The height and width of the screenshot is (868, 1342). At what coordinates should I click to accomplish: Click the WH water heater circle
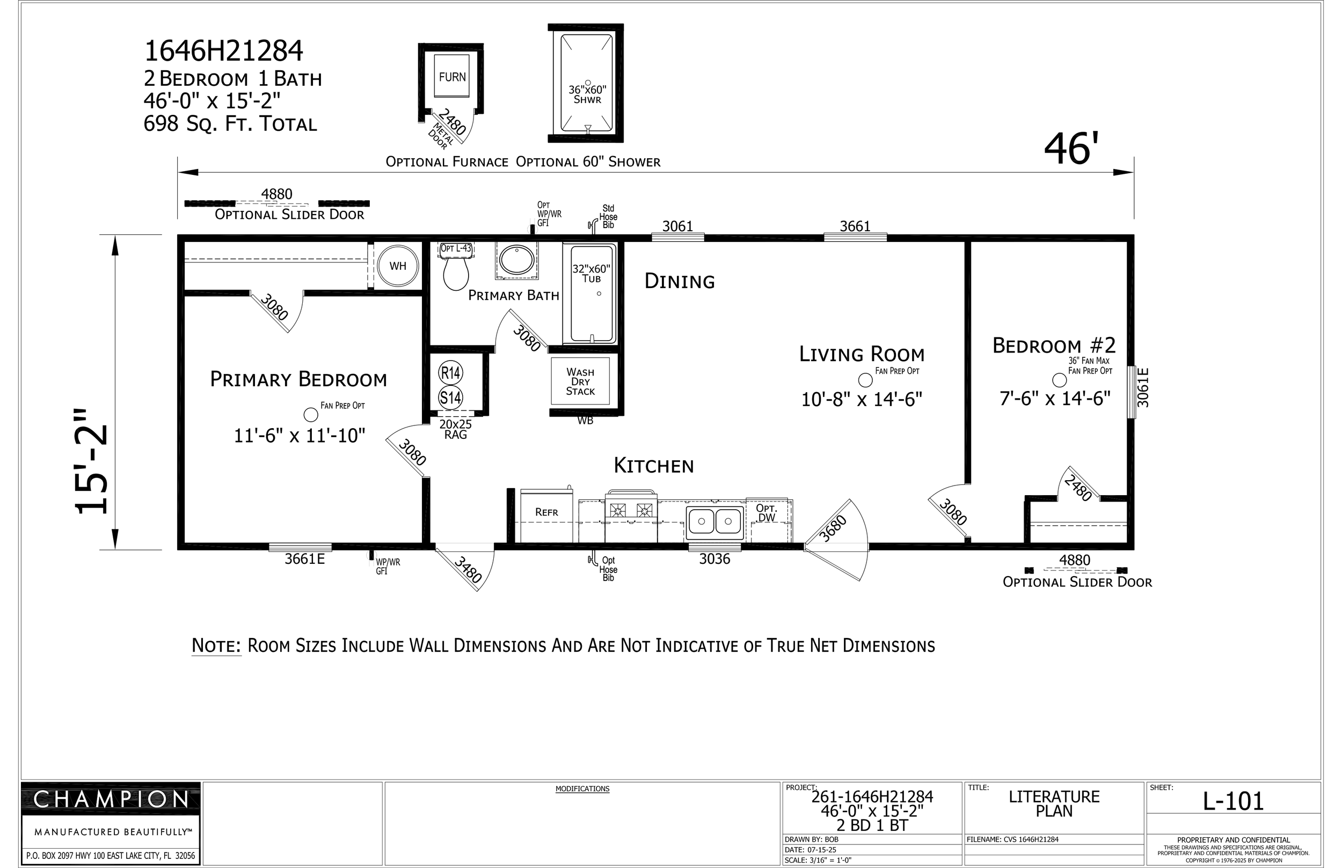[398, 266]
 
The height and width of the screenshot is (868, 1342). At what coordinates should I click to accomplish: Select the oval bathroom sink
[516, 260]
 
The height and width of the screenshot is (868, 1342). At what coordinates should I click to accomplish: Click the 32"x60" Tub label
[592, 274]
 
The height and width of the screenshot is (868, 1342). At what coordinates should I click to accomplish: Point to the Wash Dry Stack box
[580, 381]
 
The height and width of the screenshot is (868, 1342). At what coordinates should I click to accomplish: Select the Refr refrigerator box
[546, 516]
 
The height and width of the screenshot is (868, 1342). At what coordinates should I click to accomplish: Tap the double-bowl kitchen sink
[714, 521]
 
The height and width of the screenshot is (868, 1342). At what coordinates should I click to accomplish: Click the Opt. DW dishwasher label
[767, 513]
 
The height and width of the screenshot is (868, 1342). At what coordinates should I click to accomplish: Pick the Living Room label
[862, 355]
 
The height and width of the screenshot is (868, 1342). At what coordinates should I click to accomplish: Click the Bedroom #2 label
[1054, 345]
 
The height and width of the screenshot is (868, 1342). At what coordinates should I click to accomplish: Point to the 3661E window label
[305, 558]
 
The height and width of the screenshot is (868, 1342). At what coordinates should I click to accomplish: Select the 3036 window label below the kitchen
[714, 559]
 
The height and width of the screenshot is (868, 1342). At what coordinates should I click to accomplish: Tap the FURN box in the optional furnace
[452, 77]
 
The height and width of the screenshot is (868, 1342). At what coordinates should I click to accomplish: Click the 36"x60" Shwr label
[588, 94]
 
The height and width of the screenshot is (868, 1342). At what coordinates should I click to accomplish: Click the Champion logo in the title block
[111, 799]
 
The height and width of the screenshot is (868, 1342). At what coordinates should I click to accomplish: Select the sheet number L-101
[1233, 801]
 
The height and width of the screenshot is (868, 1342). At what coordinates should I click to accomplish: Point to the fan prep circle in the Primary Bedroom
[311, 415]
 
